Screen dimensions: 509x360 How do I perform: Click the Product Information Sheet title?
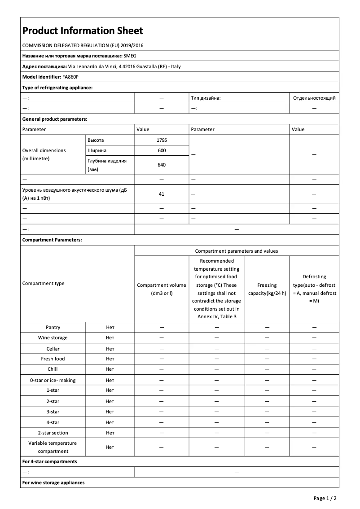[x=83, y=31]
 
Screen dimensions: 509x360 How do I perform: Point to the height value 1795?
[x=162, y=140]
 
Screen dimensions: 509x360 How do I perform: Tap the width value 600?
[x=162, y=150]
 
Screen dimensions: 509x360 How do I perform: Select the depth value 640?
[x=162, y=165]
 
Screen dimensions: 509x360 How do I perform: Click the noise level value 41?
[x=162, y=194]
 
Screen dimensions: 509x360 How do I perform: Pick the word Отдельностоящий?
[x=314, y=98]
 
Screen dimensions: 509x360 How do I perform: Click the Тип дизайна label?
[x=206, y=98]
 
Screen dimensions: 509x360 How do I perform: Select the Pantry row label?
[x=53, y=328]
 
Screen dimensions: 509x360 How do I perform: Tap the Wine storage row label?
[x=53, y=338]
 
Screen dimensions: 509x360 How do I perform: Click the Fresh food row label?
[x=53, y=359]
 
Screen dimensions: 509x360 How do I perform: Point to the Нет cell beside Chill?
[x=110, y=369]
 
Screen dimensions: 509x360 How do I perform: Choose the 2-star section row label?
[x=53, y=433]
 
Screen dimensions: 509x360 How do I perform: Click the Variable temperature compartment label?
[x=53, y=447]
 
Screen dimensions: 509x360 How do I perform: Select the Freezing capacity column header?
[x=267, y=289]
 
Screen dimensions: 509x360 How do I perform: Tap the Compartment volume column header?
[x=162, y=289]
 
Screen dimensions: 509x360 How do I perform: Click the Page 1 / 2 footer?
[x=325, y=498]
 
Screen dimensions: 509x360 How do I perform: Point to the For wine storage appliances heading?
[x=53, y=483]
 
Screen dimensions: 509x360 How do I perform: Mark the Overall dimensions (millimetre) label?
[x=44, y=154]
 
